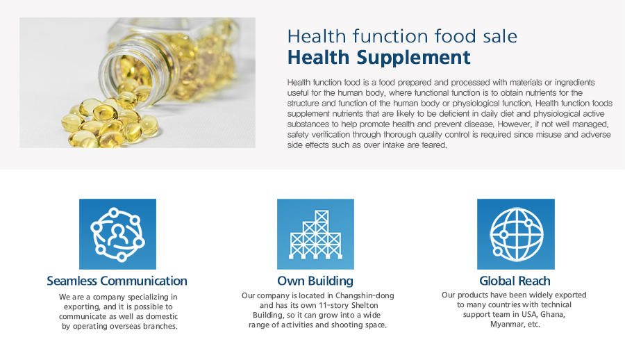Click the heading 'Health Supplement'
tap(378, 58)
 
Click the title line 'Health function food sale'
tap(402, 36)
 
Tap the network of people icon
tap(117, 234)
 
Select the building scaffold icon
tap(315, 234)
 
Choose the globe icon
tap(516, 234)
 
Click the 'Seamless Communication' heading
tap(117, 281)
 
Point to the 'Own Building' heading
tap(315, 281)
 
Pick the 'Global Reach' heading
tap(515, 281)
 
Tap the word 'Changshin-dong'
tap(365, 296)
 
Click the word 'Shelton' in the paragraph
tap(365, 305)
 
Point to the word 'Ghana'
tap(553, 315)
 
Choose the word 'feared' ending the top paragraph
tap(435, 145)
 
